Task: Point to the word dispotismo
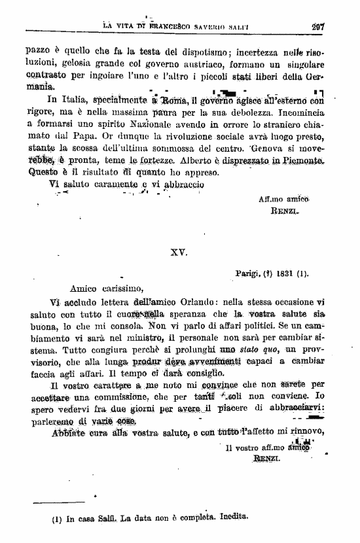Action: click(x=196, y=49)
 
